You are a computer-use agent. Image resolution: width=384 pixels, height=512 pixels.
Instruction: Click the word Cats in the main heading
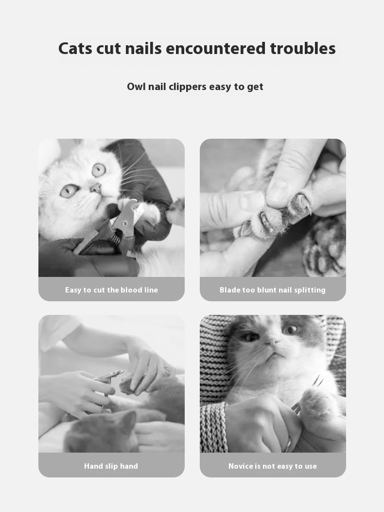click(75, 48)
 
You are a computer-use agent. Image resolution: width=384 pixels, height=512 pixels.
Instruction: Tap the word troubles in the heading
click(303, 48)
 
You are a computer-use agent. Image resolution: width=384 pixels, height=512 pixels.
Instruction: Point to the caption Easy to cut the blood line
click(111, 290)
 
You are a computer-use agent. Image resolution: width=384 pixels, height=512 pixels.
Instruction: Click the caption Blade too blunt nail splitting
click(272, 290)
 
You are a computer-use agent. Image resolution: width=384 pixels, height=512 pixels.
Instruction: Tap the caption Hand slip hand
click(111, 466)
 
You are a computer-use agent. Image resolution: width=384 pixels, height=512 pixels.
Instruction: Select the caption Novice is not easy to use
click(272, 466)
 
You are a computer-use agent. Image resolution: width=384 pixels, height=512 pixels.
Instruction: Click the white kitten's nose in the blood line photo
click(96, 188)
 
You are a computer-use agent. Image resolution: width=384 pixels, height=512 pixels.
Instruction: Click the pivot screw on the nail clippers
click(124, 223)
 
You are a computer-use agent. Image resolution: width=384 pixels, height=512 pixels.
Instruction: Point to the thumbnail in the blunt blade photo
click(252, 201)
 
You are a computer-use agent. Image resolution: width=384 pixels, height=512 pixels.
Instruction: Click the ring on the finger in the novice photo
click(287, 445)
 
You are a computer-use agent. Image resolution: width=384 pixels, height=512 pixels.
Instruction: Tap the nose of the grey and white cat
click(272, 342)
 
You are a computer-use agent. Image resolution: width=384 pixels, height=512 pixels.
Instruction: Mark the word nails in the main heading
click(143, 48)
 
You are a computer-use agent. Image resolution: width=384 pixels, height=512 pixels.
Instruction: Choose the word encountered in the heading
click(216, 48)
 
